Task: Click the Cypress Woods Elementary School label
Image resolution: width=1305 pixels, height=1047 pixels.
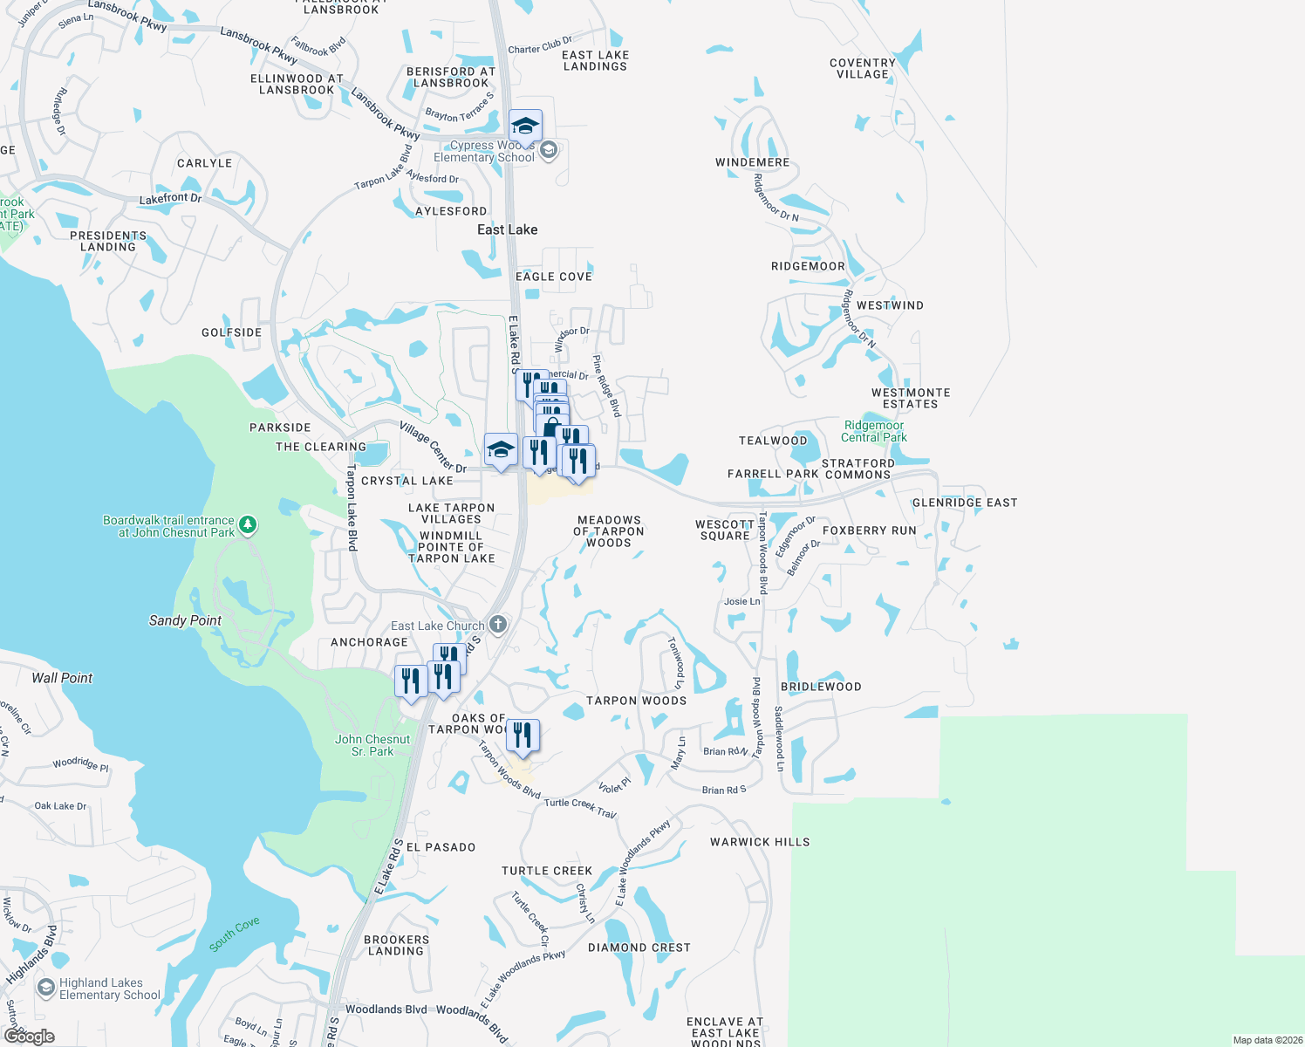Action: pos(484,152)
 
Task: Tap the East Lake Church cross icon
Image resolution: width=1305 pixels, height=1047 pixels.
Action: pos(498,624)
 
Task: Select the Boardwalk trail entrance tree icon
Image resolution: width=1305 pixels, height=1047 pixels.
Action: pos(249,524)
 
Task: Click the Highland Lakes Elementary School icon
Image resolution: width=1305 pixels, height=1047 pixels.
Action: pos(46,988)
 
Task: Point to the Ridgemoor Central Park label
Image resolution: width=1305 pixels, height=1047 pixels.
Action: pos(874,431)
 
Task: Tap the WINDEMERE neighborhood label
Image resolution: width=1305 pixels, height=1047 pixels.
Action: pos(752,162)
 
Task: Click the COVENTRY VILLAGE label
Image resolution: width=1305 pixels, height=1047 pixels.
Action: pos(862,68)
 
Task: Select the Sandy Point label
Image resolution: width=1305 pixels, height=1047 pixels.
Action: pos(185,620)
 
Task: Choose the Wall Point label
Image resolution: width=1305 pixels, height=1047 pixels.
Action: pos(62,678)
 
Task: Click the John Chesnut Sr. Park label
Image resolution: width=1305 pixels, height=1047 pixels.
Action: pos(372,745)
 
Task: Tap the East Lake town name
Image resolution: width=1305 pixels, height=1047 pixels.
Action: pos(507,229)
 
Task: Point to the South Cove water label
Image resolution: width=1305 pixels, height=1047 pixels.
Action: pos(234,934)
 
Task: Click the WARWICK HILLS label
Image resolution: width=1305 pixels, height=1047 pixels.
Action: pos(759,842)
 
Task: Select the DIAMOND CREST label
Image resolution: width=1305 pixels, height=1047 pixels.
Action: pos(639,948)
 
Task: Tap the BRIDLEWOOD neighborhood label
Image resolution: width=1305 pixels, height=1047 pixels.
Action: pos(821,687)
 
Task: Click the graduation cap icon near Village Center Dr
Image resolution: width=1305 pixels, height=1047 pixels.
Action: pos(501,450)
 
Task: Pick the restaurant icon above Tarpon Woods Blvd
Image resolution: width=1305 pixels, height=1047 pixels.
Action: pos(523,735)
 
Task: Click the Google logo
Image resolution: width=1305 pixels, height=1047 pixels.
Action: pos(29,1037)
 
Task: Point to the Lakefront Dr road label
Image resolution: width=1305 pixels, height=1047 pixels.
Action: pos(170,199)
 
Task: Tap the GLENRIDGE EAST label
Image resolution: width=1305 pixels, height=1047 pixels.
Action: pos(965,503)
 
